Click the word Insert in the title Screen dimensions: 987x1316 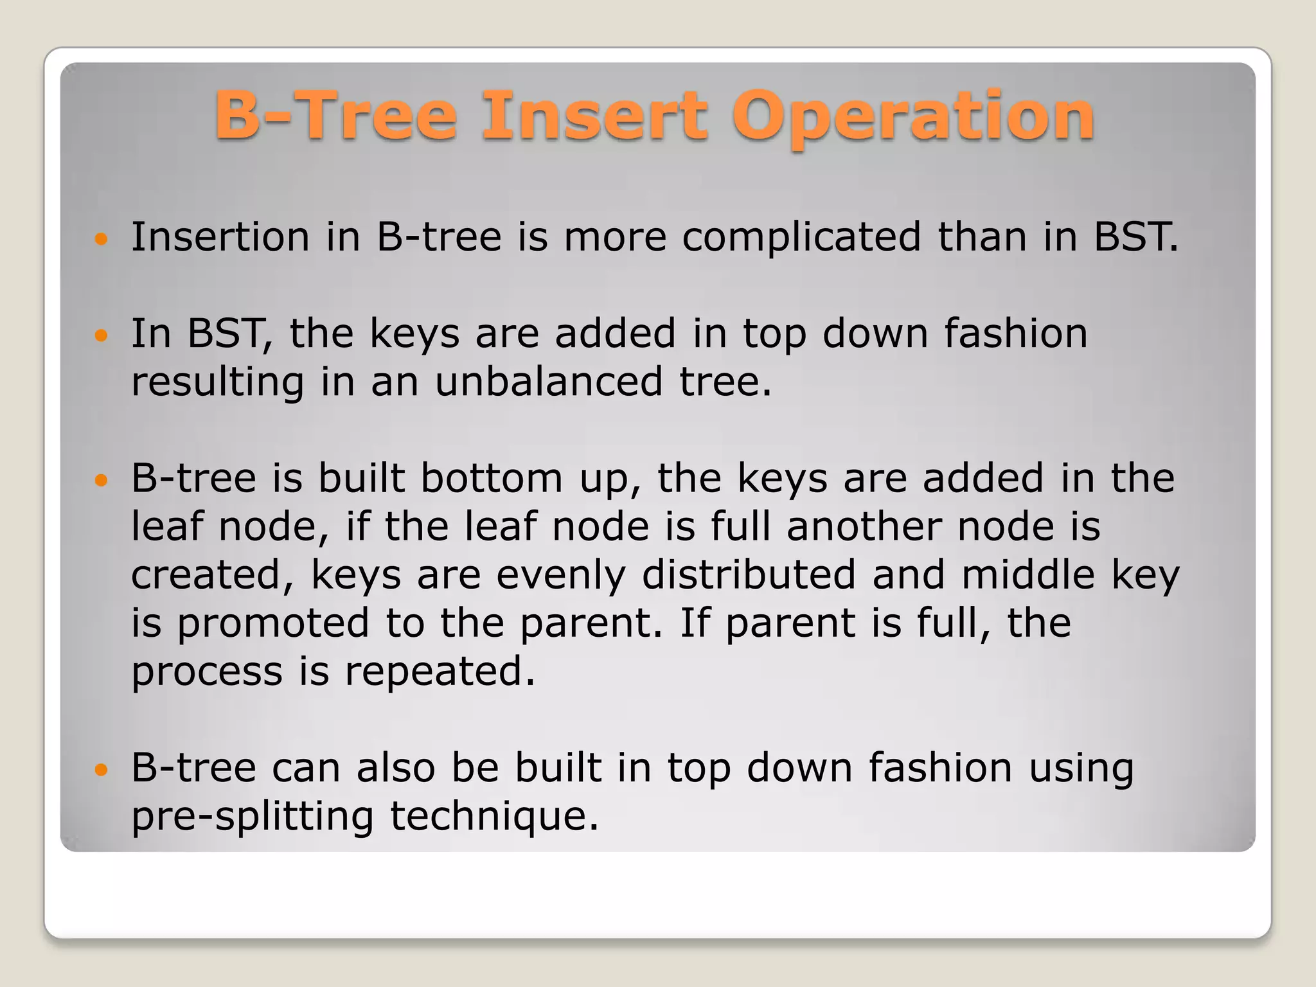(594, 116)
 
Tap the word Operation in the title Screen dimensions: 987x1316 (913, 116)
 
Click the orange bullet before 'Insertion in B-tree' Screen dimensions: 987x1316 (101, 240)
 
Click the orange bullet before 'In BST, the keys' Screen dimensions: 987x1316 (101, 335)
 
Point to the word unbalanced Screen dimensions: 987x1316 (549, 382)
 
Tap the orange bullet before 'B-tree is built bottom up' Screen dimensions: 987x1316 (101, 480)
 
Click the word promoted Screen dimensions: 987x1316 (272, 623)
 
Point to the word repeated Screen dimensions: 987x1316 (440, 671)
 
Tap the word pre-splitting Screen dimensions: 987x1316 (253, 817)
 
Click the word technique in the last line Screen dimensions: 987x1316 (494, 817)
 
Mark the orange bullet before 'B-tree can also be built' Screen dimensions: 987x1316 (101, 769)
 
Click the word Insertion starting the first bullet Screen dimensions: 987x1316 (220, 237)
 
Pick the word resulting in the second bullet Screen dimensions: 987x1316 (217, 383)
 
